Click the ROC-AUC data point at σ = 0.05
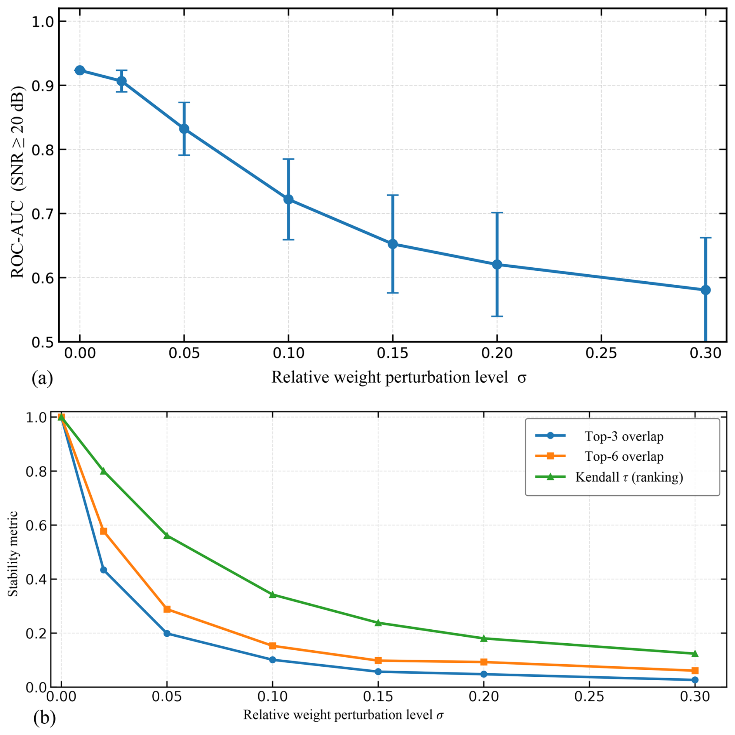184,129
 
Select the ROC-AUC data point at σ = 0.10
288,200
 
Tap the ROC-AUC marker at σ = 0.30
705,290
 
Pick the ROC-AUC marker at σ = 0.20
497,265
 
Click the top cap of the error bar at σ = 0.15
393,195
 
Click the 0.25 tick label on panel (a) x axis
601,354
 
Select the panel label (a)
42,378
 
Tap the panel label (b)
44,718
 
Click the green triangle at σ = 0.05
167,536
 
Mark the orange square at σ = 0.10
273,646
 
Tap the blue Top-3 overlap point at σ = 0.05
167,634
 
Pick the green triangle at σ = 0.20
484,638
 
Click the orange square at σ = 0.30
695,671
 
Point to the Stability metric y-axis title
13,554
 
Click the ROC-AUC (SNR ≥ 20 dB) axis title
18,182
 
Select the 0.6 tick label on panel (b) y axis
36,526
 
